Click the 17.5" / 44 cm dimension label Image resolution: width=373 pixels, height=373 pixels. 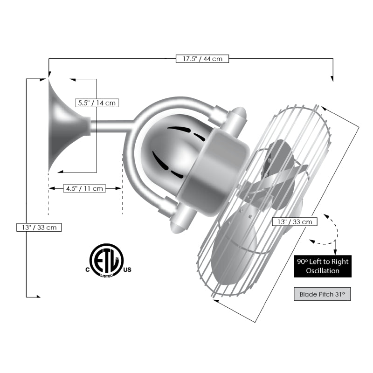(202, 59)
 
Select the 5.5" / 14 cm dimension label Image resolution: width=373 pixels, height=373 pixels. (97, 103)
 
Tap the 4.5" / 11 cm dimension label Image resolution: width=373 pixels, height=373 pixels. (85, 188)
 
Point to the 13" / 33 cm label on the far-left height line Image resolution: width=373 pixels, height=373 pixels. (39, 228)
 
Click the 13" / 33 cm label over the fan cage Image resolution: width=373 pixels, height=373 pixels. (295, 221)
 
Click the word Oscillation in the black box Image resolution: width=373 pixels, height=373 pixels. (323, 271)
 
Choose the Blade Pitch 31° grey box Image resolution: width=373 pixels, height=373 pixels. (322, 294)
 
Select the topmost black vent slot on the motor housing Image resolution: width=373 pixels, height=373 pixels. (180, 128)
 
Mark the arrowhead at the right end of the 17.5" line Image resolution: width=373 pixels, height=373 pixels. (332, 78)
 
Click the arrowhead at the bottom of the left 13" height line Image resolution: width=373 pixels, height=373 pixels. (38, 296)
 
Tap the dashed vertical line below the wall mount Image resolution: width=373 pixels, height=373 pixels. (48, 196)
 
